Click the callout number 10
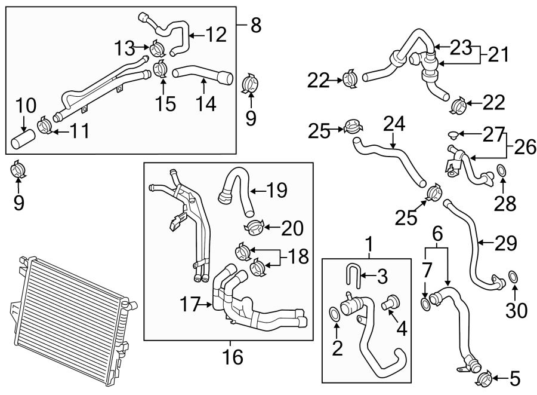click(26, 107)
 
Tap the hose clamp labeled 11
click(45, 126)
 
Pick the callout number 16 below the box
click(233, 357)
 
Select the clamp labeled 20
click(255, 227)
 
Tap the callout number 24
click(394, 125)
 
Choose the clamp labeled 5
click(483, 377)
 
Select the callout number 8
click(255, 25)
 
